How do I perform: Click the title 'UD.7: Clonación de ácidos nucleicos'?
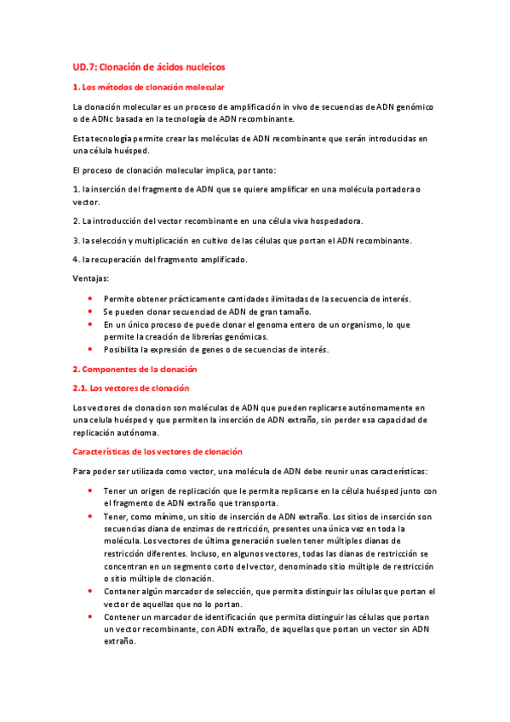tap(148, 66)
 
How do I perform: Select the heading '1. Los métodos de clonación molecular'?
tap(149, 88)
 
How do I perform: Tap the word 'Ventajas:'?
tap(91, 278)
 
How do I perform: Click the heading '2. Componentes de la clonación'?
tap(135, 369)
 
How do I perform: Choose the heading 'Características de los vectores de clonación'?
tap(158, 451)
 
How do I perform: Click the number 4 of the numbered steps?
tap(75, 259)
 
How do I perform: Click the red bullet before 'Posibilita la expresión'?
tap(91, 350)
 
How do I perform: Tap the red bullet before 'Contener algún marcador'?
tap(91, 591)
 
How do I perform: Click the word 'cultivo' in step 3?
tap(206, 240)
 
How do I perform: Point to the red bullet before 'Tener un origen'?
tap(91, 491)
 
